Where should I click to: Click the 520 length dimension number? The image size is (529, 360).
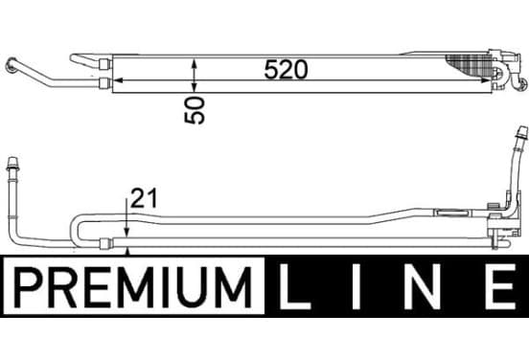286,70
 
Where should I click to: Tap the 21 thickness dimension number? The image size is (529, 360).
144,198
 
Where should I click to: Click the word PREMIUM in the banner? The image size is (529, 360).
133,287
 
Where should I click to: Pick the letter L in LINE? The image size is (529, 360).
294,287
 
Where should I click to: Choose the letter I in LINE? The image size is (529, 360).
356,287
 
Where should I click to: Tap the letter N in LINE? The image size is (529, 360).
422,287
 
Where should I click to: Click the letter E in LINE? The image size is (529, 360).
501,287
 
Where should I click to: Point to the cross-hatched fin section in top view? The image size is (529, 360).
469,65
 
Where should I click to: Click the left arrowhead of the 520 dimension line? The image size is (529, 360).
117,80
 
